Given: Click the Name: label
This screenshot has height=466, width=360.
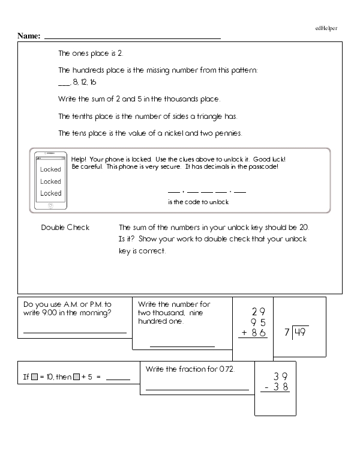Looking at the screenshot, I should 29,36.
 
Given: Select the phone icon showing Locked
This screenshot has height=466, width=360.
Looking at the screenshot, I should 50,181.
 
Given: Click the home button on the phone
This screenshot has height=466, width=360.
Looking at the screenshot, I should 50,205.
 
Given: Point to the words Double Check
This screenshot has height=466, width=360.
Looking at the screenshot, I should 65,227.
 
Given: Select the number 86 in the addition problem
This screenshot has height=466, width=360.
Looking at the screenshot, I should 259,332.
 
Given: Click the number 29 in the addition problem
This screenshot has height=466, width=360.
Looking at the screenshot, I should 259,312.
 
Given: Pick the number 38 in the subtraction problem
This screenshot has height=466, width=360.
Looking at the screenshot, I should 280,387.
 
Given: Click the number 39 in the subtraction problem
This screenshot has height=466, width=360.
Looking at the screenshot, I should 280,376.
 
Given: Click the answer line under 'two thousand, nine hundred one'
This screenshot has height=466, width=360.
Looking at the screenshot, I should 182,346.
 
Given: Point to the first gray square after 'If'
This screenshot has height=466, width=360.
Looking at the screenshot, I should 35,377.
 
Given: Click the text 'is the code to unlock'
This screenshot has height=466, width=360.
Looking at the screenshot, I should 198,202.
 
